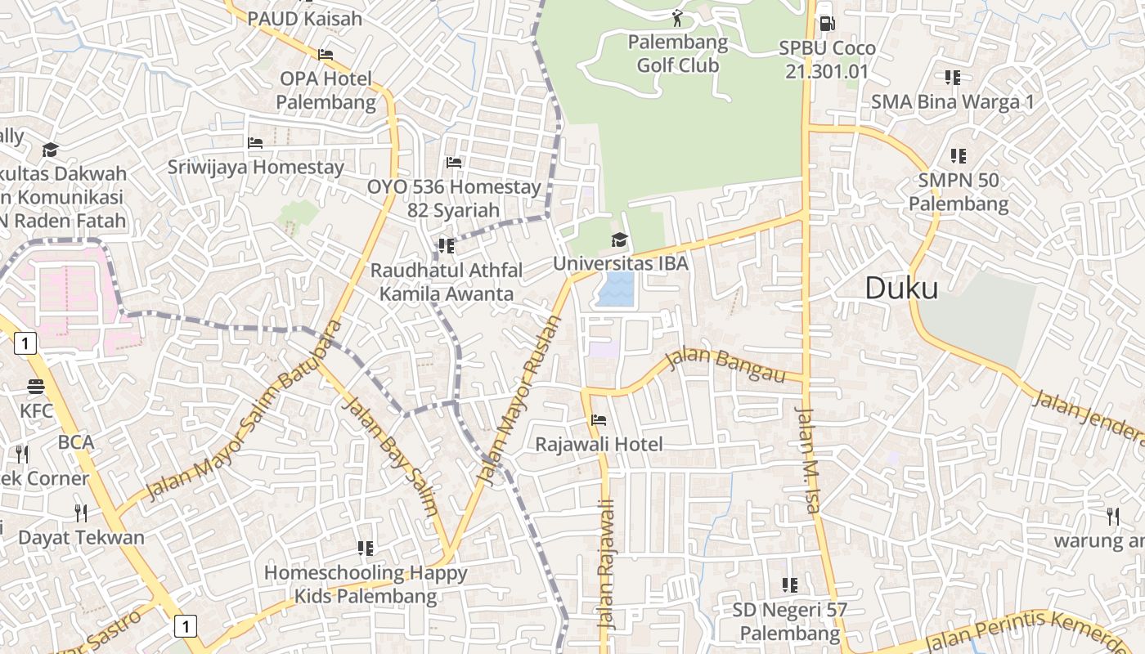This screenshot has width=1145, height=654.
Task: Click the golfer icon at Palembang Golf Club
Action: [x=677, y=17]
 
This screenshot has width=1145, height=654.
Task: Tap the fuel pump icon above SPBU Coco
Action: [x=827, y=24]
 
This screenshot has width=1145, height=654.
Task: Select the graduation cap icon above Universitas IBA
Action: [x=620, y=240]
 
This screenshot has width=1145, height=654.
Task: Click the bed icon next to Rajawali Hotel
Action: [x=599, y=420]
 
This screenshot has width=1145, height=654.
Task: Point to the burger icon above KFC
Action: [x=35, y=386]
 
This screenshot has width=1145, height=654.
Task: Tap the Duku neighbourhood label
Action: [x=901, y=288]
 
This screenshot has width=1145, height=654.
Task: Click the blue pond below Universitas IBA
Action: [x=615, y=289]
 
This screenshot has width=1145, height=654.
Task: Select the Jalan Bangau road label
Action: [x=725, y=365]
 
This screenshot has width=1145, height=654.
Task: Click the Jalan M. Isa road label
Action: [x=806, y=459]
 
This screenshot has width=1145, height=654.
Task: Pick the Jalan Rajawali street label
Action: [x=606, y=564]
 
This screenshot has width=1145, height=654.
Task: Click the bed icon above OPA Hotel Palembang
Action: [x=326, y=55]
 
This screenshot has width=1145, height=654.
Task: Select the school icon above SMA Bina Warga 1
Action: [x=953, y=78]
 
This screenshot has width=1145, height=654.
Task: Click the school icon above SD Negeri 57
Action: [x=790, y=585]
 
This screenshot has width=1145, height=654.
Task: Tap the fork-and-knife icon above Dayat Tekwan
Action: [x=81, y=513]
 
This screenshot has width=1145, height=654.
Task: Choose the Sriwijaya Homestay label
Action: [x=256, y=167]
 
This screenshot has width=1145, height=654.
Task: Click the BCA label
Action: [x=76, y=442]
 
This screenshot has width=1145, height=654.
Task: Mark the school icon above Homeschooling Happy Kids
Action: [x=366, y=548]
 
